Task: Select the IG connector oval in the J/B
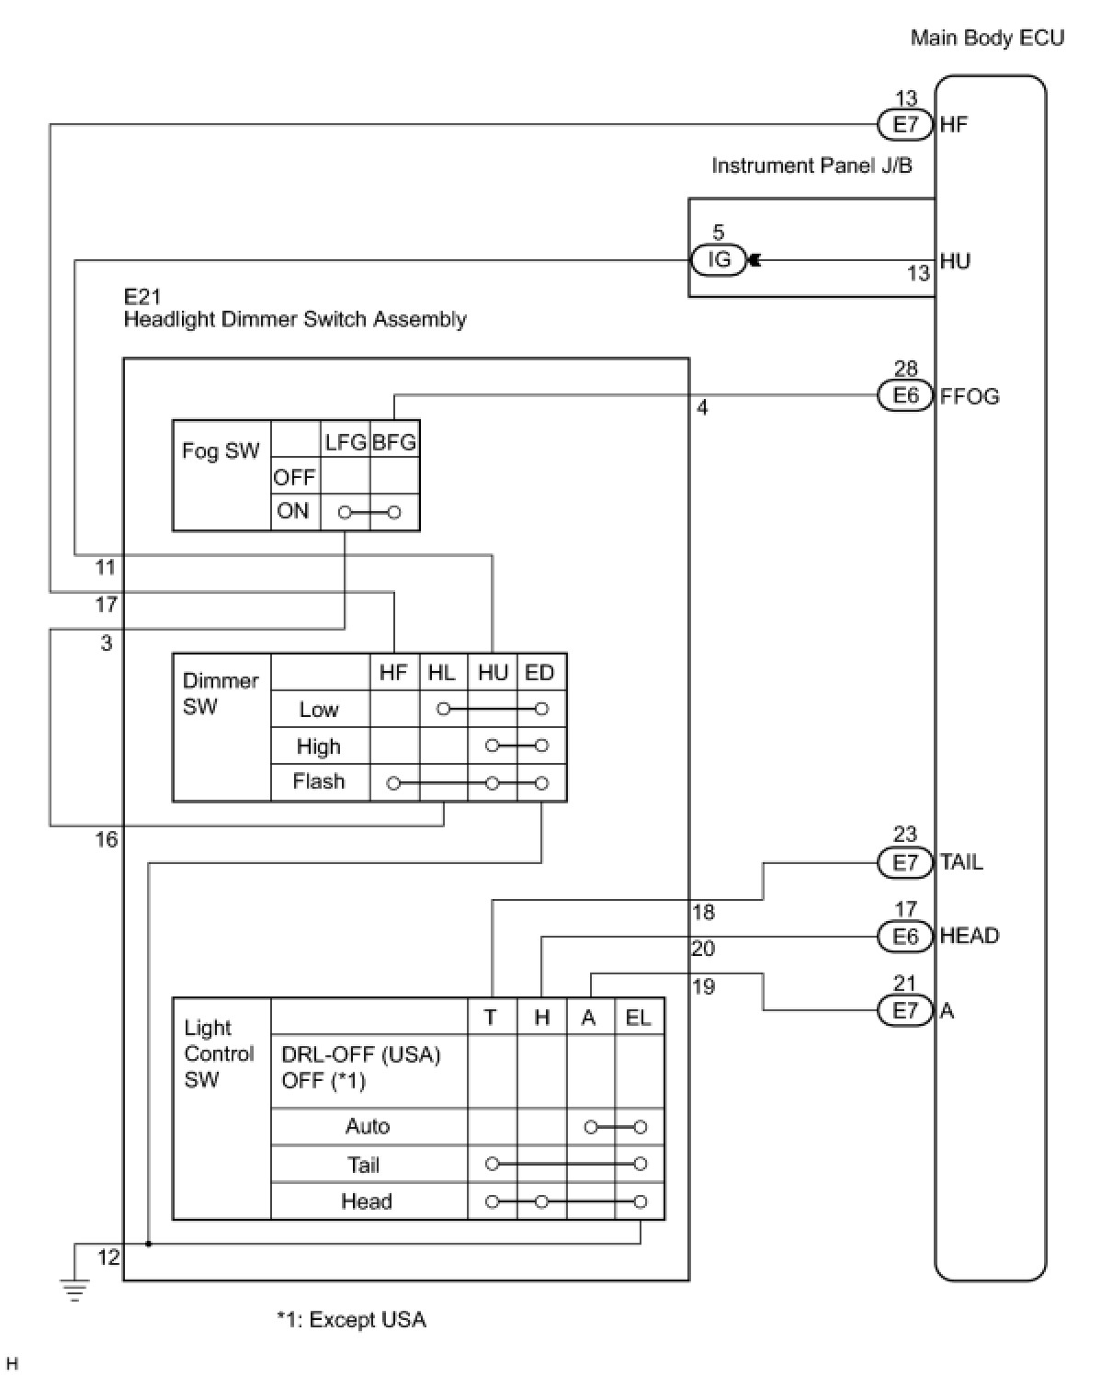(719, 260)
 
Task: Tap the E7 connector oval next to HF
(905, 124)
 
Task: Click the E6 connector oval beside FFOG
(905, 395)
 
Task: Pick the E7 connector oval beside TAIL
(905, 862)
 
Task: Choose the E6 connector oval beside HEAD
(905, 936)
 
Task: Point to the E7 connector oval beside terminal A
(905, 1010)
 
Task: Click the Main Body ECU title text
(987, 38)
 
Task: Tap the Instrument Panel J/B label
(811, 165)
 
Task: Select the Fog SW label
(221, 450)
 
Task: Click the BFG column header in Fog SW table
(394, 442)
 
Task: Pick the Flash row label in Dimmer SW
(319, 781)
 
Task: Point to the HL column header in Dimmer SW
(442, 673)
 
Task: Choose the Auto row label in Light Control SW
(368, 1126)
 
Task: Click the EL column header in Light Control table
(638, 1017)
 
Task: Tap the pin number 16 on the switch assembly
(107, 839)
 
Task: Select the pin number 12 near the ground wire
(108, 1257)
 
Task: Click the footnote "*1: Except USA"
(351, 1320)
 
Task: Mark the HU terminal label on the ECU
(955, 261)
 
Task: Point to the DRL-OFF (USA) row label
(361, 1054)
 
